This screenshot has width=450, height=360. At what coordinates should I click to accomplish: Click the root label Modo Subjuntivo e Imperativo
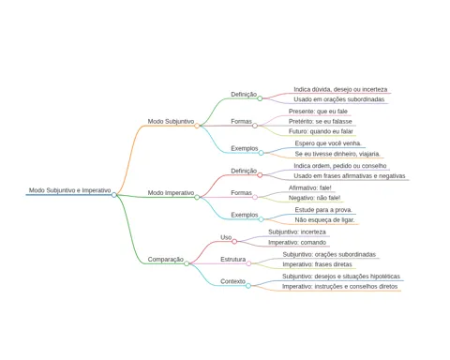(x=69, y=190)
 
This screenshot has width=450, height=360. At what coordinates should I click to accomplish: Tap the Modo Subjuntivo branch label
(x=171, y=121)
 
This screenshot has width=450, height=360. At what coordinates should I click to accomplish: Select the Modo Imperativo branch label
(x=171, y=193)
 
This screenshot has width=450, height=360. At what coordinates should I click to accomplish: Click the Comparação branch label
(x=166, y=260)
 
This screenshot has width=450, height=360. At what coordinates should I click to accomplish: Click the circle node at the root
(x=114, y=195)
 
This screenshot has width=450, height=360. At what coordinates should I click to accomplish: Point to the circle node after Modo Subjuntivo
(x=197, y=126)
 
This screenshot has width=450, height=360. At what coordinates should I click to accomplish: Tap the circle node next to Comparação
(x=187, y=263)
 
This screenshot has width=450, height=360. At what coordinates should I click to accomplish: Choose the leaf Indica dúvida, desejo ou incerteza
(x=340, y=89)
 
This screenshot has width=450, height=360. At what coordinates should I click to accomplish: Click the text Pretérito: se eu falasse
(x=321, y=121)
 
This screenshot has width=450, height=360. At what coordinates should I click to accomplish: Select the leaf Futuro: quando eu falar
(x=321, y=131)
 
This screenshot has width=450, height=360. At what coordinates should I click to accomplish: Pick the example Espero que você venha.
(x=328, y=143)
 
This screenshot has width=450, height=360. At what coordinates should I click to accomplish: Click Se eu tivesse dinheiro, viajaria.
(x=337, y=154)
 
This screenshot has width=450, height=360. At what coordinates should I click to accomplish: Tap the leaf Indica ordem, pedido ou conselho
(x=340, y=166)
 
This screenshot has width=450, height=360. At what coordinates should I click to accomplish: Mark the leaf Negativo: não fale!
(x=314, y=198)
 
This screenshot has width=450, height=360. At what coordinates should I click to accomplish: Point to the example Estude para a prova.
(x=323, y=210)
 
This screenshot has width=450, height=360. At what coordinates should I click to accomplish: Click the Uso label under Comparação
(x=226, y=237)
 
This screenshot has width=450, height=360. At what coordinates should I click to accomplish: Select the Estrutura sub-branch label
(x=233, y=260)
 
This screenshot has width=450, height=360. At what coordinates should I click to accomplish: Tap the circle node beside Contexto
(x=248, y=286)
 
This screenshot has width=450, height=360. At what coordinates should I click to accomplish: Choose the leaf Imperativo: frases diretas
(x=317, y=264)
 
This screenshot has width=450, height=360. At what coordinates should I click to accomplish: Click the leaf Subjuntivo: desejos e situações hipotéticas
(x=341, y=277)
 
